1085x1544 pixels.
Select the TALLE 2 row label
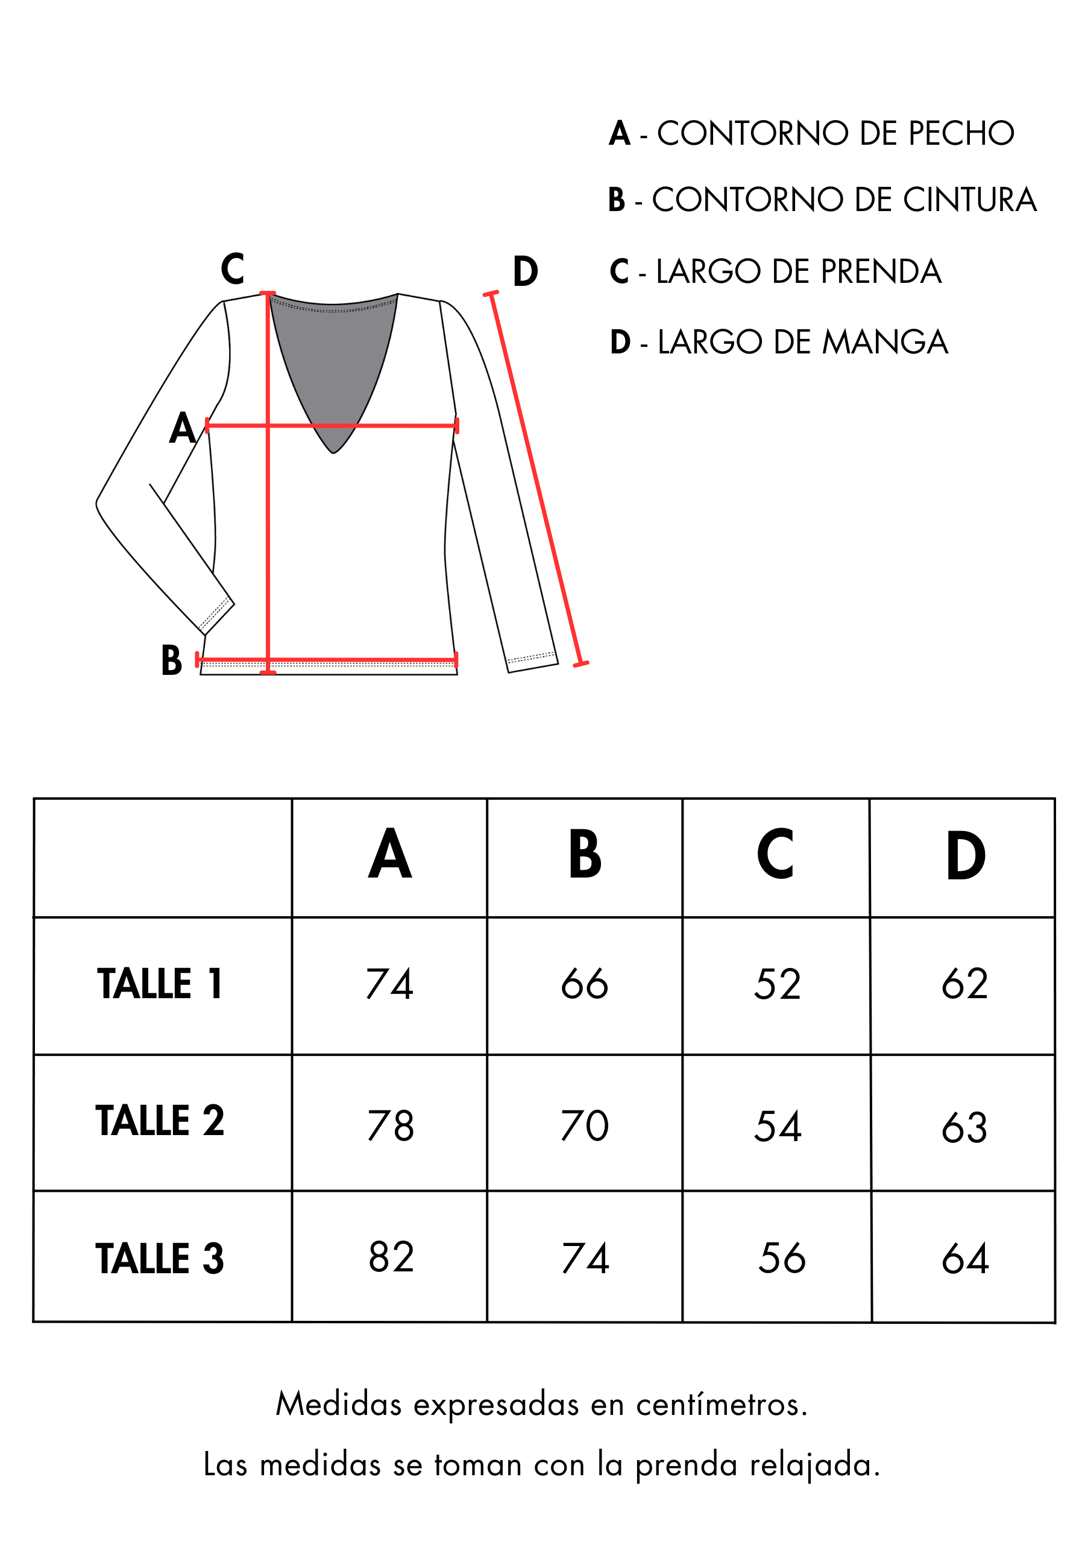pos(160,1121)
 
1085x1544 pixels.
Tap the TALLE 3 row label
pos(160,1258)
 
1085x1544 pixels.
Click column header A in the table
pos(390,853)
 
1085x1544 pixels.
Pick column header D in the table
pos(966,855)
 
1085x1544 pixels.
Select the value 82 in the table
pos(391,1256)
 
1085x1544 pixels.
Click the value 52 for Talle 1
pos(778,984)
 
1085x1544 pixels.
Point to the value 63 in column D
pos(964,1128)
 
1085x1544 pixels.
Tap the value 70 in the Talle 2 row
pos(585,1125)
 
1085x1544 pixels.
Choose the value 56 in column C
pos(782,1258)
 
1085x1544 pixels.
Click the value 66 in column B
pos(585,984)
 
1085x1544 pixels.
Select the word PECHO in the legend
pos(961,133)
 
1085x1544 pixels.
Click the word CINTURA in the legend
pos(969,200)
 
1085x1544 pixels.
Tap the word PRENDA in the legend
pos(881,271)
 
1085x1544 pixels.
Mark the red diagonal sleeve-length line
pos(536,479)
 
